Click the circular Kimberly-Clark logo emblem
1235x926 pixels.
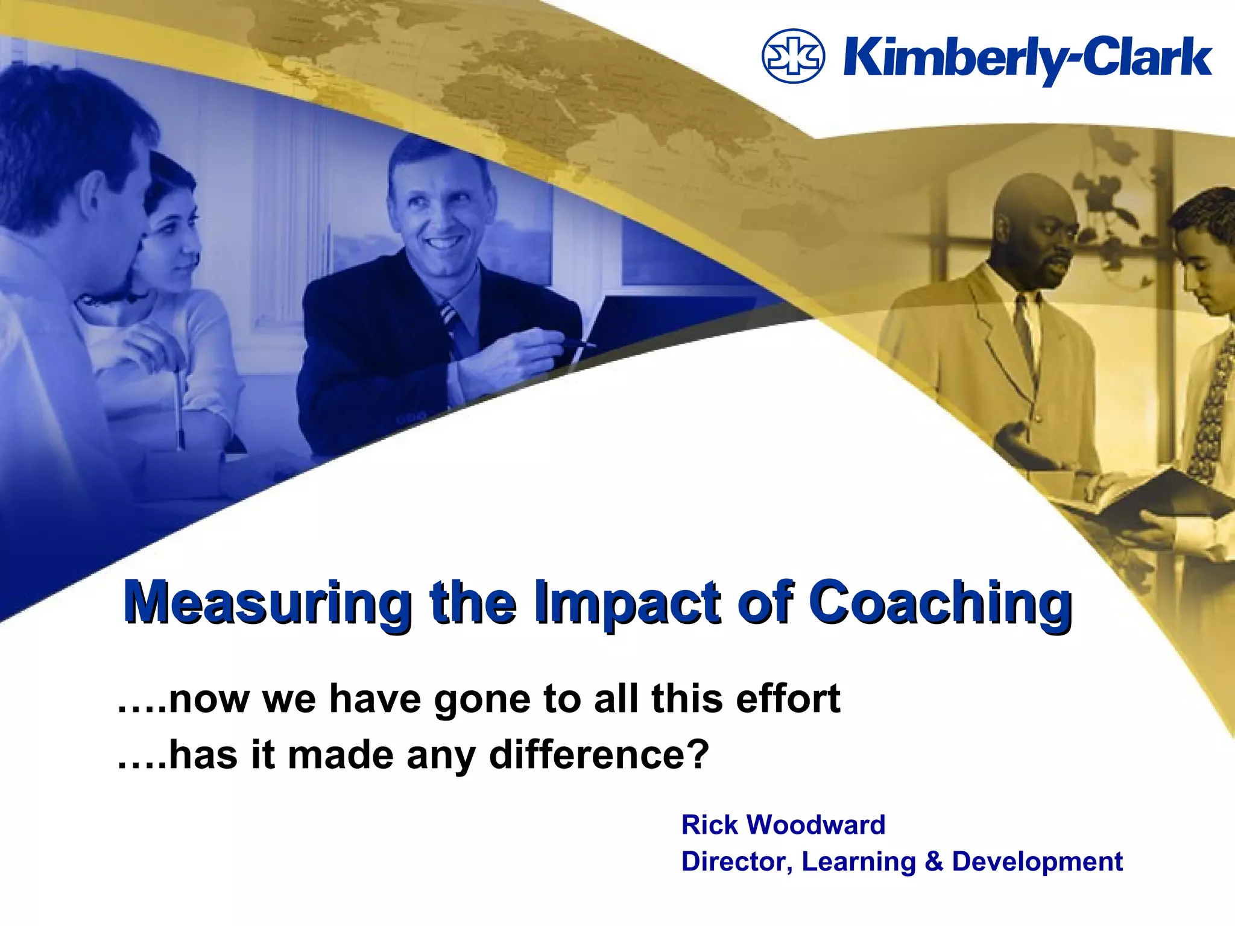point(793,56)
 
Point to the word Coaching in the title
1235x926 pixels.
point(940,603)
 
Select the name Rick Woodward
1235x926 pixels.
point(783,825)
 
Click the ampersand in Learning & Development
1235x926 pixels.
point(933,861)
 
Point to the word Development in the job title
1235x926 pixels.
point(1037,861)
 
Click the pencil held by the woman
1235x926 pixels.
point(178,410)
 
